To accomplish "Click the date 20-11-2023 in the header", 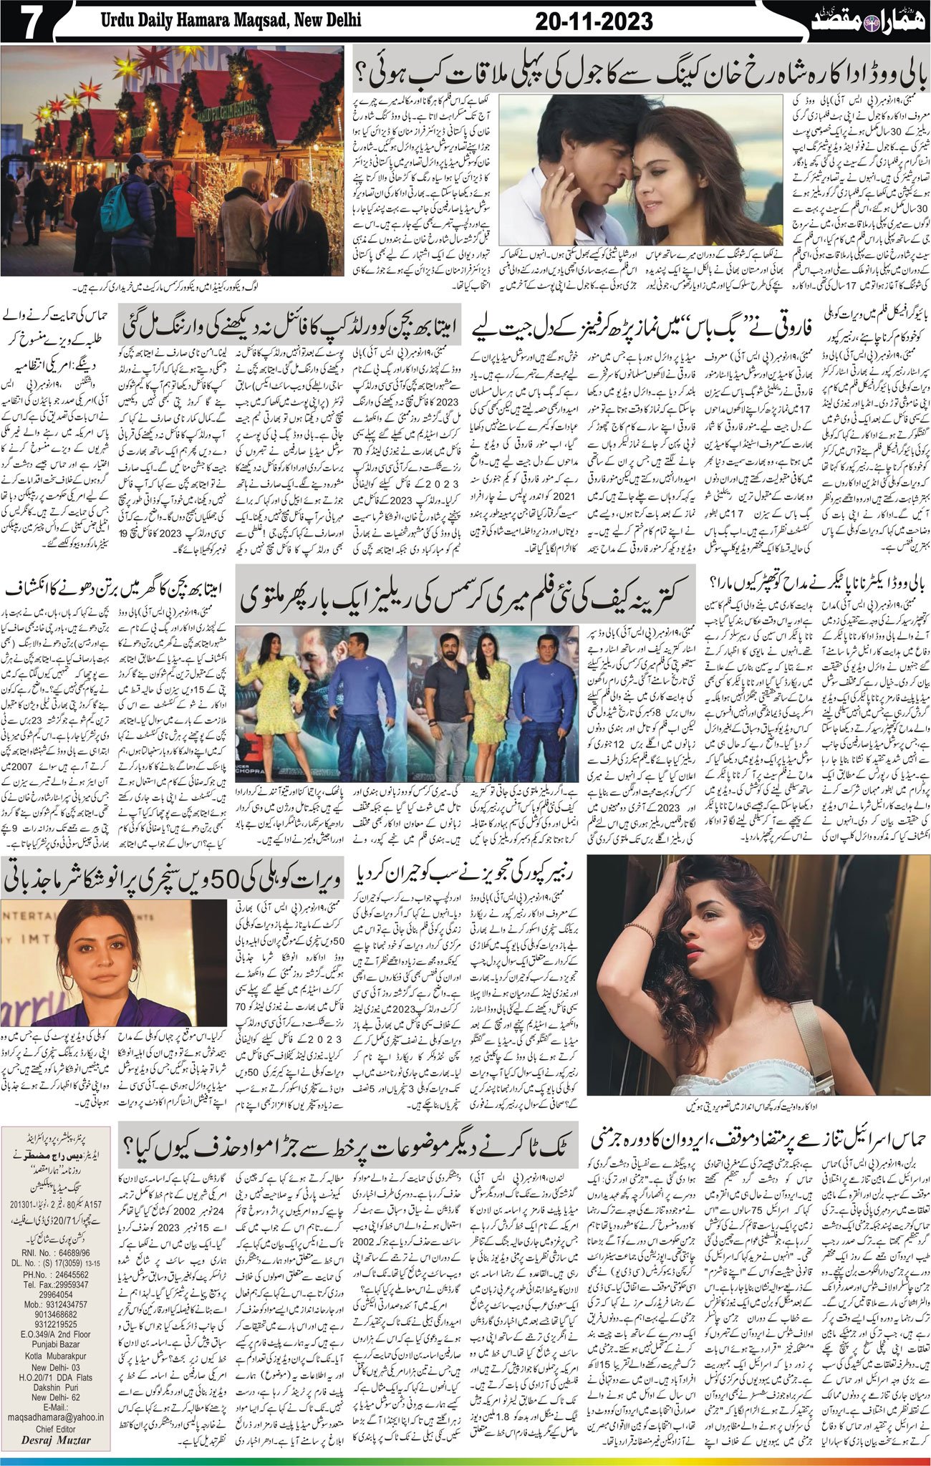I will point(594,21).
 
